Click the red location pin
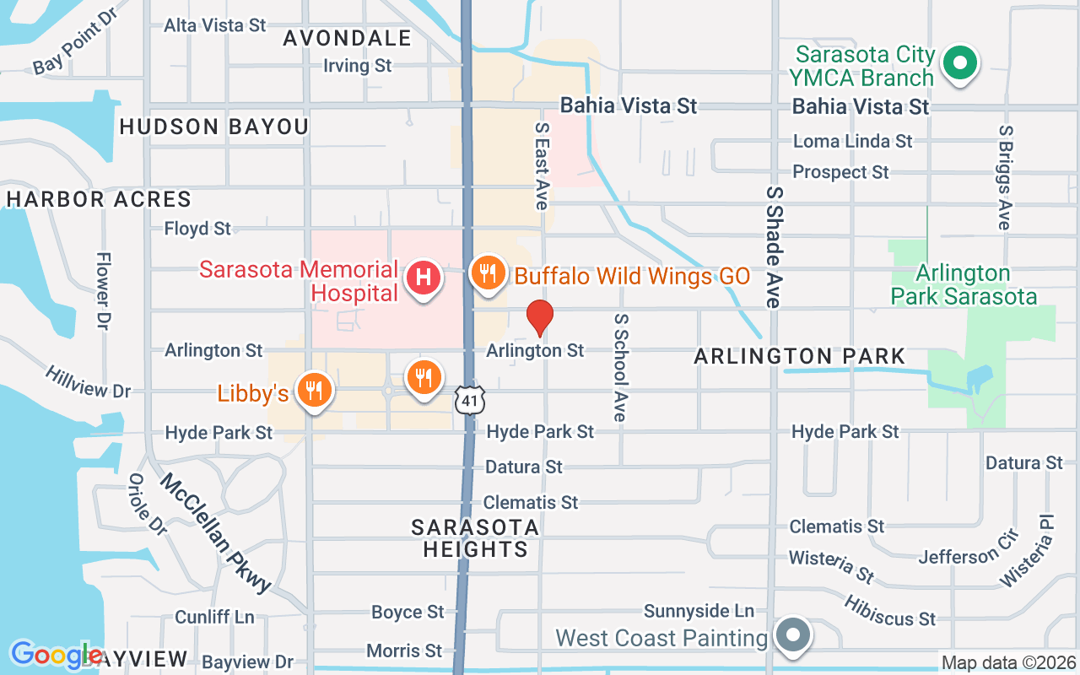tap(540, 317)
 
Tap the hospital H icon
tap(424, 277)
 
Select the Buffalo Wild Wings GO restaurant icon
tap(487, 273)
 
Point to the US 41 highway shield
tap(470, 401)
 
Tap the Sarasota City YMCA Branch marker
tap(958, 63)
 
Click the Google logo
tap(56, 655)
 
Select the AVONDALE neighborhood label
tap(347, 38)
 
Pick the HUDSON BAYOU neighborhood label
tap(214, 127)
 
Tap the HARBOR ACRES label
tap(99, 199)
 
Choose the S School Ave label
tap(621, 368)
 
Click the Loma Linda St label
tap(853, 141)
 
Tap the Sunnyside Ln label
tap(699, 610)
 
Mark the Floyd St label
tap(197, 229)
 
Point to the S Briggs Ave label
tap(1004, 178)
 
